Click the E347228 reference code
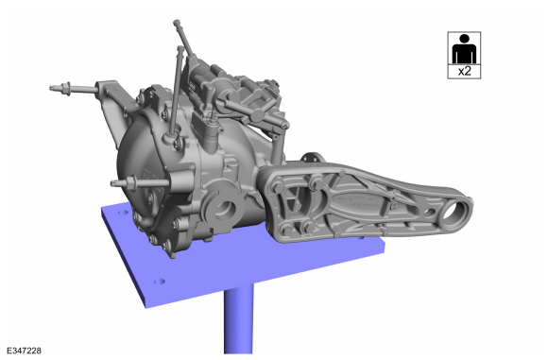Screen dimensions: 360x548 click(24, 351)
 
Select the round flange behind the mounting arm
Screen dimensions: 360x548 click(311, 160)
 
